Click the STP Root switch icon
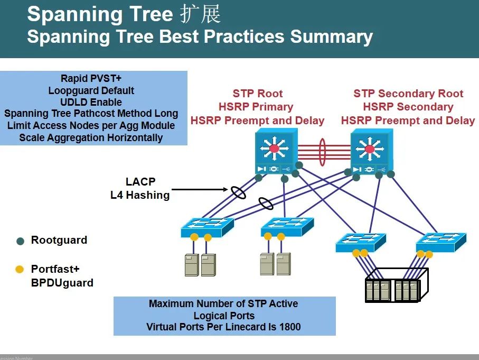pos(274,151)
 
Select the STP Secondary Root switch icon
pos(370,151)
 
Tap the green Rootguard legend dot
pos(20,241)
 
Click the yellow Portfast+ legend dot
pos(20,270)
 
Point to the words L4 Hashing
pos(140,195)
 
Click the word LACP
pos(140,182)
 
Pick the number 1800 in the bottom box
pos(289,327)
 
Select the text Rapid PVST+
pos(91,79)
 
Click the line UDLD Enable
pos(91,102)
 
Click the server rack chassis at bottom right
pos(395,286)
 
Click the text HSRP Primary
pos(257,107)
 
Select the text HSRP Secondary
pos(408,107)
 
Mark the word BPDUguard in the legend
pos(62,283)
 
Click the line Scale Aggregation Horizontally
pos(91,137)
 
